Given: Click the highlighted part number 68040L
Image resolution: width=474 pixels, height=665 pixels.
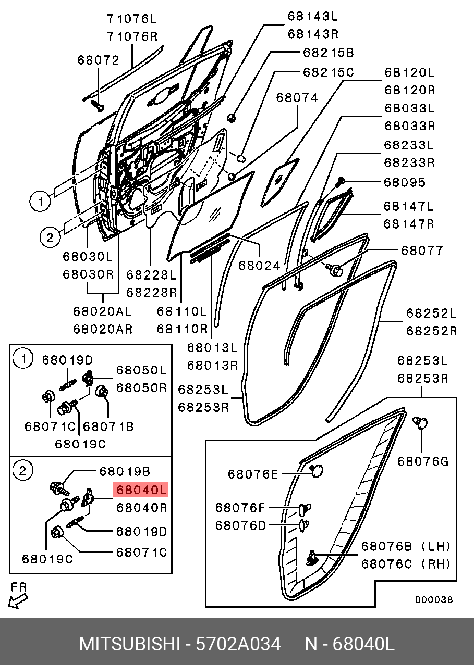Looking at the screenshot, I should pyautogui.click(x=141, y=490).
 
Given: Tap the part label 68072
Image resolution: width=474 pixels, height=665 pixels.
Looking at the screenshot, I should pyautogui.click(x=98, y=60).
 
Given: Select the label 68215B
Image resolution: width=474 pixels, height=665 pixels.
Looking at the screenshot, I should pyautogui.click(x=328, y=53).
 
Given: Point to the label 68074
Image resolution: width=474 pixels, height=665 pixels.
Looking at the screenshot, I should pyautogui.click(x=297, y=97).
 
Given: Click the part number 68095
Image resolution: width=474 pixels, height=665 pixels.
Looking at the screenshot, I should pyautogui.click(x=405, y=183).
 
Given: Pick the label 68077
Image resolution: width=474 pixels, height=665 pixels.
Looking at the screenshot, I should pyautogui.click(x=422, y=250).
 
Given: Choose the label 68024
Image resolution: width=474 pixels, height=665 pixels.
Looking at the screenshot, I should pyautogui.click(x=259, y=266).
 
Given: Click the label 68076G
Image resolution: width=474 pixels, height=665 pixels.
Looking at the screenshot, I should pyautogui.click(x=422, y=461).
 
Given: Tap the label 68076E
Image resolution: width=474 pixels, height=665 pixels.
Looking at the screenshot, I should pyautogui.click(x=253, y=474).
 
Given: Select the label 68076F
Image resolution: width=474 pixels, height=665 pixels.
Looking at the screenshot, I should pyautogui.click(x=240, y=507).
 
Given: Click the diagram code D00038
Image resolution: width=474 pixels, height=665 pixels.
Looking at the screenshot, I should pyautogui.click(x=434, y=600).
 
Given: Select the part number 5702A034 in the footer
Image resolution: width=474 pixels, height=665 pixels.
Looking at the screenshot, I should pyautogui.click(x=238, y=644).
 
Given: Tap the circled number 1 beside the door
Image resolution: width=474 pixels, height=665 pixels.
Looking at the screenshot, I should pyautogui.click(x=40, y=200).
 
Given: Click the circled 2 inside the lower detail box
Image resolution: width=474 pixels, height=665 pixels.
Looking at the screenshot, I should pyautogui.click(x=22, y=471).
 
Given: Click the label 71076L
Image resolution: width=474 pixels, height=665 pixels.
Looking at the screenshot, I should pyautogui.click(x=131, y=20).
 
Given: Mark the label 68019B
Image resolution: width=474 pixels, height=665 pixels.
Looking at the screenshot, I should pyautogui.click(x=125, y=471).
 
